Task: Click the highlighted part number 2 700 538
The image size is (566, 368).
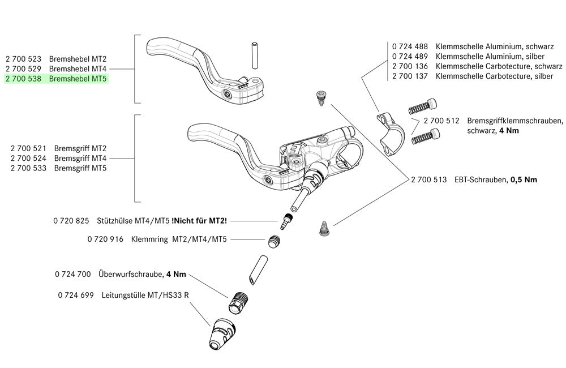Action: (x=24, y=79)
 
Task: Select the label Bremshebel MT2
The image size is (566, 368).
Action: (x=78, y=58)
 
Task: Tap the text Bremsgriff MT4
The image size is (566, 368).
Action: (x=80, y=159)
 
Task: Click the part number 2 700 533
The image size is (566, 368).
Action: (x=29, y=169)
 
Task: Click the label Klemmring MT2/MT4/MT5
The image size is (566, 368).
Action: (x=179, y=239)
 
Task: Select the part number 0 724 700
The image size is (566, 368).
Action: (x=73, y=274)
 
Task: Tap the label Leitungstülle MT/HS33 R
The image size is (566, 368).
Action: (x=145, y=295)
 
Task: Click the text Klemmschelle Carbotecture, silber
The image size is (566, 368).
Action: (x=494, y=76)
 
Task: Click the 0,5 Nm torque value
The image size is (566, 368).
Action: (x=524, y=179)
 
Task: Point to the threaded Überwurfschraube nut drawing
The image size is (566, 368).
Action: (x=238, y=300)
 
